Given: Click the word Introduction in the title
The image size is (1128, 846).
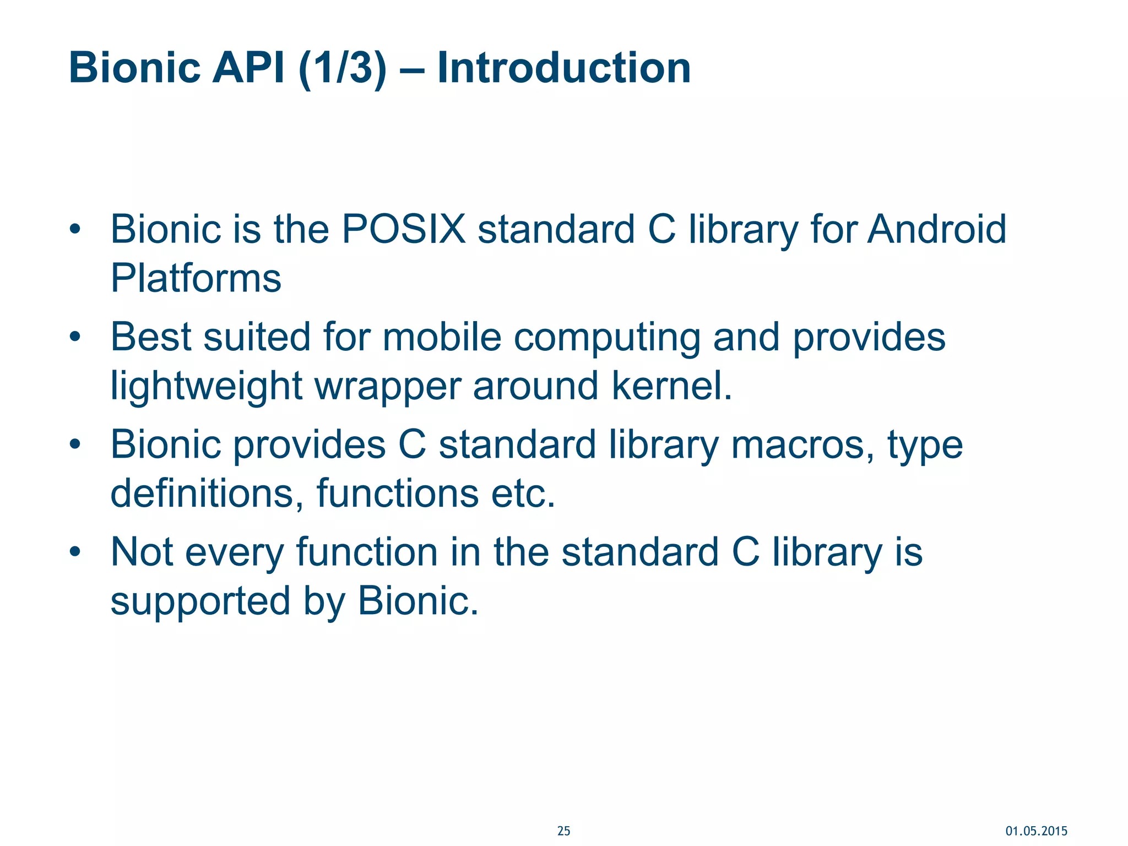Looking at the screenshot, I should coord(563,68).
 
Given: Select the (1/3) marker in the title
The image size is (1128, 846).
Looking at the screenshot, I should coord(342,68).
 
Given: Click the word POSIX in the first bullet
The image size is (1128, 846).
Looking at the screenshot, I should coord(404,229).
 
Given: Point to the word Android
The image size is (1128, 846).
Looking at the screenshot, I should coord(937,229).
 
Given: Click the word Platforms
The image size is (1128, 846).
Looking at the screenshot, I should coord(196,278).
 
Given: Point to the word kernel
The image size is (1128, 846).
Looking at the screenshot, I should coord(671,386).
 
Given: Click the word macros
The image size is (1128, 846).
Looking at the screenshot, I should coord(802,445).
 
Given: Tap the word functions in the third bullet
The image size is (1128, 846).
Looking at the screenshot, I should coord(397,493).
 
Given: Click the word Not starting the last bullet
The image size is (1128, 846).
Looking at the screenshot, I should coord(142,552).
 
